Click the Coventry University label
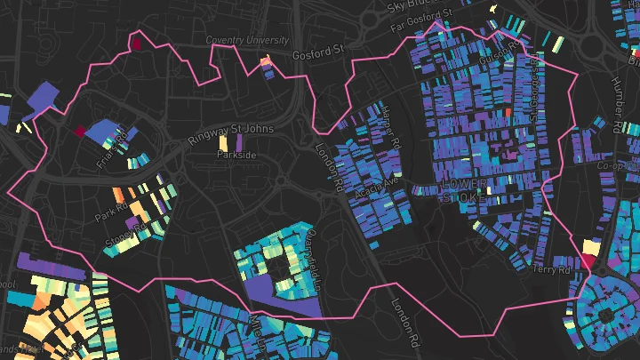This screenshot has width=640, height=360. [x=247, y=40]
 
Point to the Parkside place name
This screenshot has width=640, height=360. [x=236, y=155]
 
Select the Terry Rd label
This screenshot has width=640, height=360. [x=550, y=268]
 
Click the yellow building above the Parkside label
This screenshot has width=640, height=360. [x=224, y=141]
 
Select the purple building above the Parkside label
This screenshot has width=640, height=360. [x=239, y=141]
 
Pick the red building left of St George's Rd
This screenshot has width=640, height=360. [x=509, y=114]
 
